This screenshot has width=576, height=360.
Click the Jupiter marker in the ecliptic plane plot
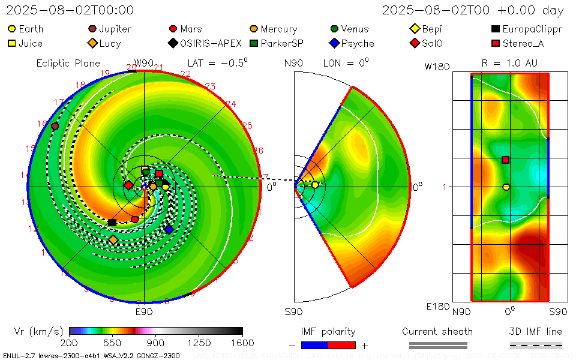tap(55, 126)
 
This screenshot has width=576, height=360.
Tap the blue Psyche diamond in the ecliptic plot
tap(169, 230)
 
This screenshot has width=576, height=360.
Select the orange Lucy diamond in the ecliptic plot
tap(113, 240)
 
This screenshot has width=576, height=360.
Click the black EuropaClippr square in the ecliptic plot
tap(112, 223)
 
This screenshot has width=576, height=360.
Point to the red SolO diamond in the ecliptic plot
tap(128, 185)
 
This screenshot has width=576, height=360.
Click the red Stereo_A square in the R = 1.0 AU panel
tap(506, 160)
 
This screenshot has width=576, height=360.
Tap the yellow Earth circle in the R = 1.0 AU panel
tap(506, 187)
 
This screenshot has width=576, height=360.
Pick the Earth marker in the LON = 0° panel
tap(315, 185)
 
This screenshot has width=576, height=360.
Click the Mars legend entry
tap(186, 29)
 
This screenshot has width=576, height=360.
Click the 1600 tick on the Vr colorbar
tap(242, 343)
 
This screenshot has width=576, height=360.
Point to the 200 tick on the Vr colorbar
tap(70, 343)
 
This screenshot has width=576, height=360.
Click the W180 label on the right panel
tap(437, 67)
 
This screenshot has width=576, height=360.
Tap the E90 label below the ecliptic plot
tap(144, 311)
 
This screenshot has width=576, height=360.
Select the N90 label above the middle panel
tap(293, 63)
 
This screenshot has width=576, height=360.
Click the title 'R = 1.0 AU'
tap(509, 63)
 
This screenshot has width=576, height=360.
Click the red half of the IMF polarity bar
tap(342, 345)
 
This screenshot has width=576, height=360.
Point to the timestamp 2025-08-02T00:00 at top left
tap(70, 10)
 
